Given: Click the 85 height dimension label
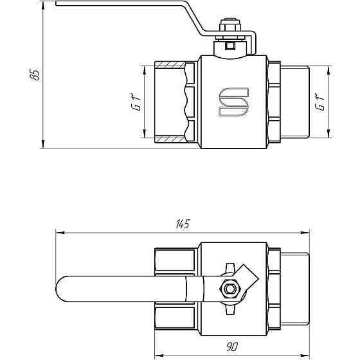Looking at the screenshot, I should [x=35, y=74].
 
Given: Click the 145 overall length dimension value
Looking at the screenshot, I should [x=183, y=224].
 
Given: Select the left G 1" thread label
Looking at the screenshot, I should [x=136, y=102].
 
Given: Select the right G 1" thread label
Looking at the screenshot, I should [x=319, y=102].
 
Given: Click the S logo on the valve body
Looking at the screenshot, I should [x=233, y=103].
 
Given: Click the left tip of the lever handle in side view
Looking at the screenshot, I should [x=58, y=5].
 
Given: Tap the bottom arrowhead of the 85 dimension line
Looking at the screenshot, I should [x=42, y=145].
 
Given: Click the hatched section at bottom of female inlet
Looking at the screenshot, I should [x=170, y=139].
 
